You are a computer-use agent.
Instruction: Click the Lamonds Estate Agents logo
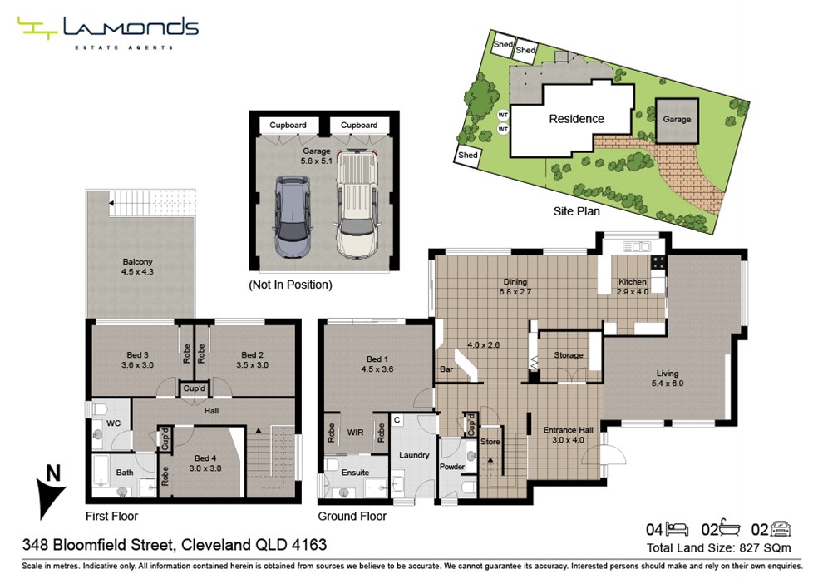tap(108, 32)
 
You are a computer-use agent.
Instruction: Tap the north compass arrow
tap(50, 496)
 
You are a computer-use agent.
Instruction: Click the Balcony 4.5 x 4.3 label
tap(138, 266)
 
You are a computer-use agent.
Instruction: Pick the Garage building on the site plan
tap(678, 120)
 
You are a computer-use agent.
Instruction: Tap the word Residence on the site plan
tap(576, 119)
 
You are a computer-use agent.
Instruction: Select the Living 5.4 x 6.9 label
tap(668, 378)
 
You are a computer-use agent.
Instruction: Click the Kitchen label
tap(633, 281)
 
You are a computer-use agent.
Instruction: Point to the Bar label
tap(446, 369)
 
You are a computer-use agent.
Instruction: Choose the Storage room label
tap(569, 355)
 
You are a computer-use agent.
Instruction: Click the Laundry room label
tap(414, 455)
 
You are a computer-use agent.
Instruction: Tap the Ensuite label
tap(355, 473)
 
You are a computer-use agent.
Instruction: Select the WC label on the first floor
tap(113, 423)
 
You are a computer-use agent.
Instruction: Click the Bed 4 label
tap(205, 458)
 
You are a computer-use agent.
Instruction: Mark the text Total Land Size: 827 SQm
tap(719, 548)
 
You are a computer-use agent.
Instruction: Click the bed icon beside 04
tap(678, 529)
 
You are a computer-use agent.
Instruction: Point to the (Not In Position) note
tap(291, 285)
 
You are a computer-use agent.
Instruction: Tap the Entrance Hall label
tap(568, 430)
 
